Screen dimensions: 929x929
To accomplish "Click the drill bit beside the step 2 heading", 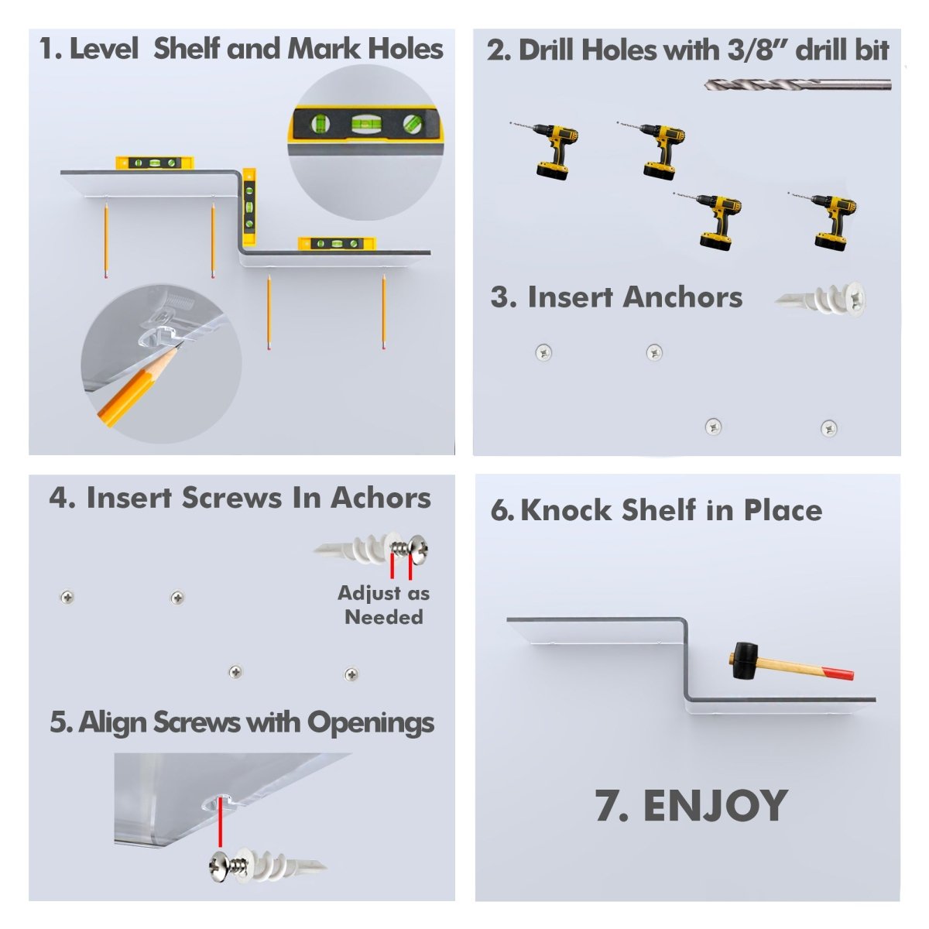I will [x=797, y=84].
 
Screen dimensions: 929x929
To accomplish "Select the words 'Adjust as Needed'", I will [x=383, y=605].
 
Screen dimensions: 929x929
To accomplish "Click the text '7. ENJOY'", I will [x=691, y=806].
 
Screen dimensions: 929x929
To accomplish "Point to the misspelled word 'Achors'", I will [x=381, y=498].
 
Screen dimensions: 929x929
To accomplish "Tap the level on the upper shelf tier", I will [x=154, y=163].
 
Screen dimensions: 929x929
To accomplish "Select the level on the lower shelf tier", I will [x=336, y=244].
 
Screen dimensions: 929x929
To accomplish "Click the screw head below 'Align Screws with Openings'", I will [x=221, y=865].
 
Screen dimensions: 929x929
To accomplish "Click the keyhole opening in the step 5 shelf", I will [x=222, y=798].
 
